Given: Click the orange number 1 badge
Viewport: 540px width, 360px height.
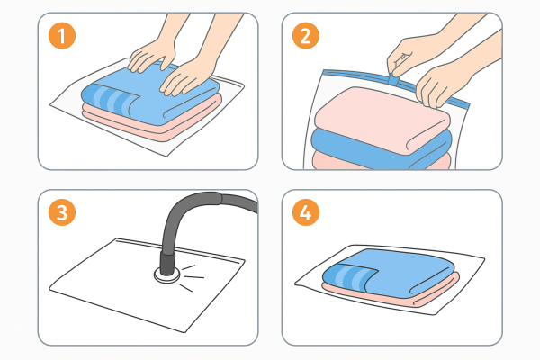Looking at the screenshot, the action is (62, 35).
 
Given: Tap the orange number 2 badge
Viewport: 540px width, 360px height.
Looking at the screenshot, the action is (306, 35).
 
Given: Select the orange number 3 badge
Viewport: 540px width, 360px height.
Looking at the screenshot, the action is (62, 212).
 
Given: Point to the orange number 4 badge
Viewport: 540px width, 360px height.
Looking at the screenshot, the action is (306, 212).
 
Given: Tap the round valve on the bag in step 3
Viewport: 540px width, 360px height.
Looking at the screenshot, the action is (167, 274).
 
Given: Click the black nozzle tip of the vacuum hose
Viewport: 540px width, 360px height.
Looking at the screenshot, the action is (167, 264).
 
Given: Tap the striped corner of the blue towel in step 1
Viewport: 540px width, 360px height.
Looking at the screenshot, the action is (109, 99).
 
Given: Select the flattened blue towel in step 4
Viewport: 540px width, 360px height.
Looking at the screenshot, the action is (389, 272).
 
